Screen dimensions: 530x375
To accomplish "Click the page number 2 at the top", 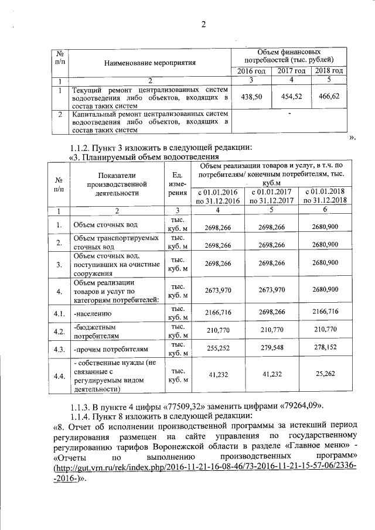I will [x=203, y=24].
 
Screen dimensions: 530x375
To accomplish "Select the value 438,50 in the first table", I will [x=251, y=97].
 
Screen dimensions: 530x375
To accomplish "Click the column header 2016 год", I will [x=251, y=71].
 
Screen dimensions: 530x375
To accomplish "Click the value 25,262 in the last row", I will [x=325, y=375].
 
